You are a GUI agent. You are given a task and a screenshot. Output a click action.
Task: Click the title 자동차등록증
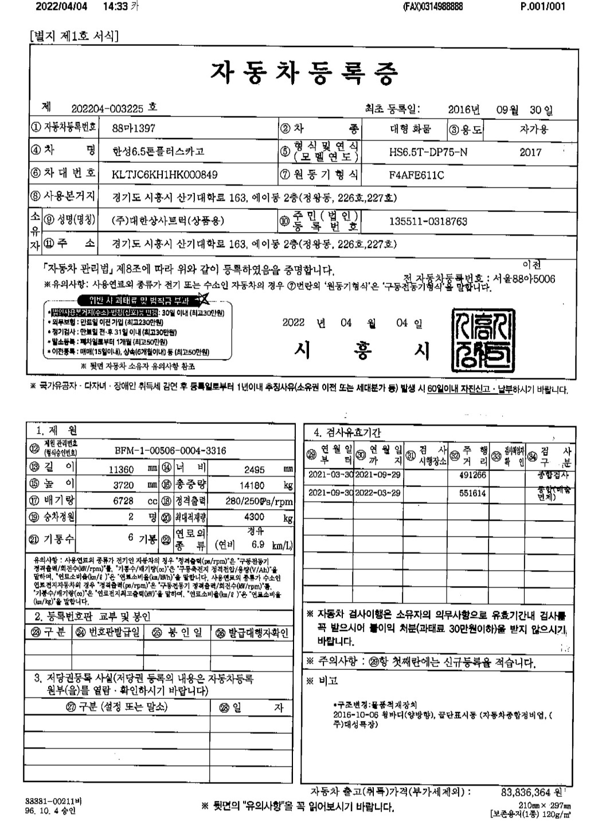(x=304, y=72)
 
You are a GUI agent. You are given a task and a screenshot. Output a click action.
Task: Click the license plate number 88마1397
(x=134, y=128)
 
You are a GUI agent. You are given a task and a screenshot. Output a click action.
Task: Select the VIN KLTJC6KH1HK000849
(x=165, y=174)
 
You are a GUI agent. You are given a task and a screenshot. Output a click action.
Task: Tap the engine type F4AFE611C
(x=416, y=174)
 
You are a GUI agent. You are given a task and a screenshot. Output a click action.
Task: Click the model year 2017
(x=530, y=152)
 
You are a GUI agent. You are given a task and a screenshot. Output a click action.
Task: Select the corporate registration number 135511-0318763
(x=428, y=221)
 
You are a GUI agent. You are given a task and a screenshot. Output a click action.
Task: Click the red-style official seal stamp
(x=483, y=338)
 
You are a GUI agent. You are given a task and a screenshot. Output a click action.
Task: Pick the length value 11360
(x=121, y=469)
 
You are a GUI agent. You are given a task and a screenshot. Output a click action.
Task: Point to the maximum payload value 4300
(x=254, y=516)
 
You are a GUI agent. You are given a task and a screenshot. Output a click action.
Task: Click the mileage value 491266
(x=472, y=475)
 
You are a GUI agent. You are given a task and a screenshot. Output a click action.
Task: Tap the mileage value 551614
(x=472, y=493)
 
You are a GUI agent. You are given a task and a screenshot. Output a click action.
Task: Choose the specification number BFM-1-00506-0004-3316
(x=170, y=450)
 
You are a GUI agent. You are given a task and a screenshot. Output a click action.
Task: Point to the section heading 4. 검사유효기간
(x=347, y=432)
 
